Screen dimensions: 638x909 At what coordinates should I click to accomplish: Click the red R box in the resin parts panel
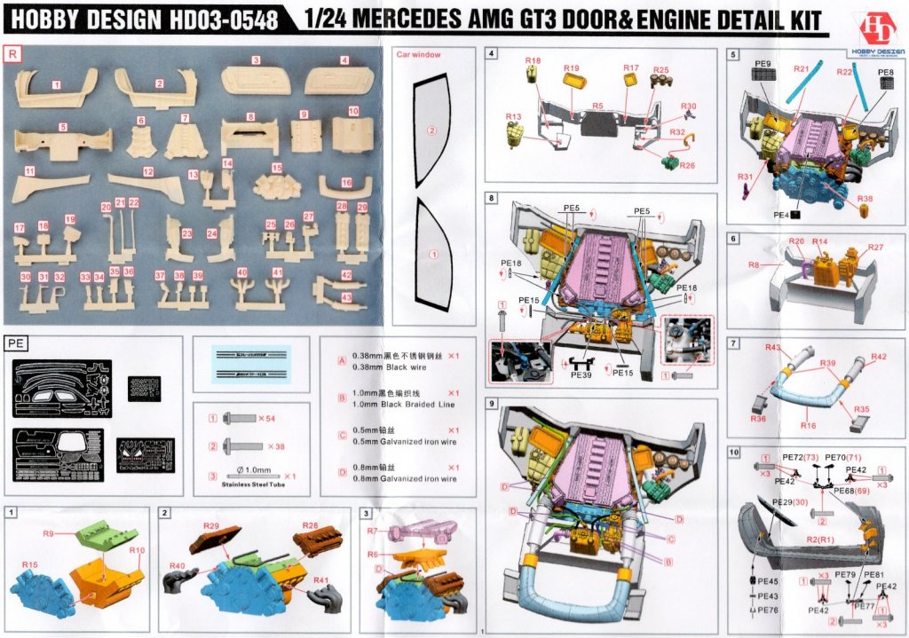[x=12, y=53]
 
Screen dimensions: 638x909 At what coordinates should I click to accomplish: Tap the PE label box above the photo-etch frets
[x=14, y=343]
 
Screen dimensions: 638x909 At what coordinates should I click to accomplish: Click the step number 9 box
[x=492, y=404]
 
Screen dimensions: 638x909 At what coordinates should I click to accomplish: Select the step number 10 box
[x=733, y=452]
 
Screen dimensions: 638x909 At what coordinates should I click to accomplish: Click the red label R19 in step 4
[x=571, y=68]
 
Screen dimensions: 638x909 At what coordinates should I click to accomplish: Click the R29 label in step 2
[x=209, y=527]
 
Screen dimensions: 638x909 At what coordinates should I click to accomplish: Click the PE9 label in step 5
[x=762, y=65]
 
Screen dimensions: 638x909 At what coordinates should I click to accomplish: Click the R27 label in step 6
[x=876, y=248]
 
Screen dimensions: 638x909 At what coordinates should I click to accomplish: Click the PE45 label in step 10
[x=769, y=582]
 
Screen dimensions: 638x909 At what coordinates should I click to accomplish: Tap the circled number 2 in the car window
[x=432, y=130]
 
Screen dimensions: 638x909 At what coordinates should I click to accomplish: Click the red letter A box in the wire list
[x=341, y=359]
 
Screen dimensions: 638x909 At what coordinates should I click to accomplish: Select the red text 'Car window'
[x=418, y=55]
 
